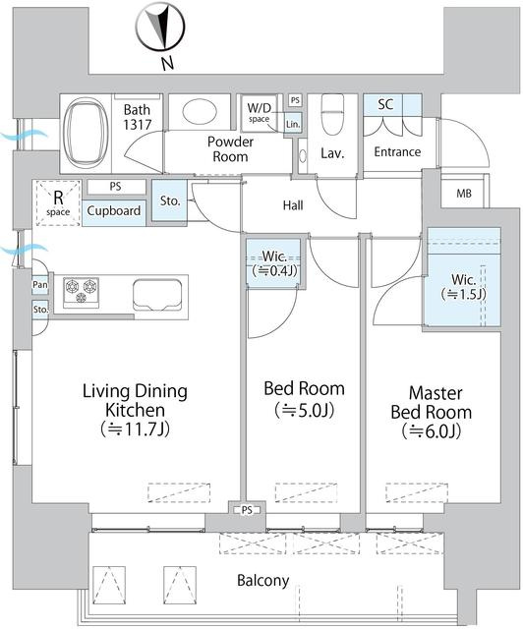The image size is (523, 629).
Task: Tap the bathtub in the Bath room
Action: (x=86, y=133)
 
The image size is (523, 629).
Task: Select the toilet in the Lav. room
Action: (x=332, y=115)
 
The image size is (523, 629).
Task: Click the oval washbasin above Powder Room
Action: (x=200, y=111)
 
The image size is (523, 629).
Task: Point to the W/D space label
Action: (x=259, y=113)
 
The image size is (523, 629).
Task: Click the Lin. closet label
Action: (x=293, y=125)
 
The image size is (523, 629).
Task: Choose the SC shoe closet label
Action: (x=385, y=105)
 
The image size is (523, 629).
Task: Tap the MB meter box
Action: (x=464, y=194)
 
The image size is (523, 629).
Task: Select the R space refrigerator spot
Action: (x=58, y=202)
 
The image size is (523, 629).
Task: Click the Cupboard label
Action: (x=114, y=211)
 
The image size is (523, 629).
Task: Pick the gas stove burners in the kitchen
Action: (x=81, y=290)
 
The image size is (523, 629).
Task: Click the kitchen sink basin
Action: (x=157, y=295)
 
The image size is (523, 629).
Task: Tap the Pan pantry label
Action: (x=39, y=285)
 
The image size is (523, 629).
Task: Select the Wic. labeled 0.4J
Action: (x=274, y=263)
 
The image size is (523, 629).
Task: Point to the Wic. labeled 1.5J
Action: (x=464, y=287)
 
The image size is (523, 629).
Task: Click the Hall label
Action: (x=293, y=205)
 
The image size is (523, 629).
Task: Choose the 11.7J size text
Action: (x=136, y=429)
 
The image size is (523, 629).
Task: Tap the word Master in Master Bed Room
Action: (x=436, y=393)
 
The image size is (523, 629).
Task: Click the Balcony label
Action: (x=263, y=581)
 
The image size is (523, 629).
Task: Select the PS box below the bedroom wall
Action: (x=248, y=510)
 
